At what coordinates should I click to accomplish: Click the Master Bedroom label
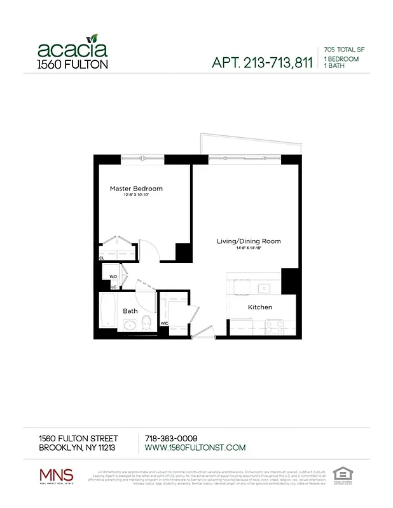tap(136, 189)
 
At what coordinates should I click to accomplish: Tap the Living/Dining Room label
tap(249, 241)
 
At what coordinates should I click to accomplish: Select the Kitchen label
tap(259, 307)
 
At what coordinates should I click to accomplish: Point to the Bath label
tap(130, 311)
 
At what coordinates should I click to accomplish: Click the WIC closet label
tap(164, 323)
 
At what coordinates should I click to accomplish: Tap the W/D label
tap(113, 277)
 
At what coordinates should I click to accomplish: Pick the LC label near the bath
tap(113, 287)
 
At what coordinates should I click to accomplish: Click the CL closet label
tap(101, 258)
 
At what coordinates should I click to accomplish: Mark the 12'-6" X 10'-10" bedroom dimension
tap(136, 196)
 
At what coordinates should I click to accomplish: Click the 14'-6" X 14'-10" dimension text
tap(249, 248)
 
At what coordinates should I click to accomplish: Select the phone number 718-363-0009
tap(171, 438)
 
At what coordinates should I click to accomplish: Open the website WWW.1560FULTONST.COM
tap(195, 448)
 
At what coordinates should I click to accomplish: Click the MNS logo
tap(56, 475)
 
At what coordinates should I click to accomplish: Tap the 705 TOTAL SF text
tap(343, 49)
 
